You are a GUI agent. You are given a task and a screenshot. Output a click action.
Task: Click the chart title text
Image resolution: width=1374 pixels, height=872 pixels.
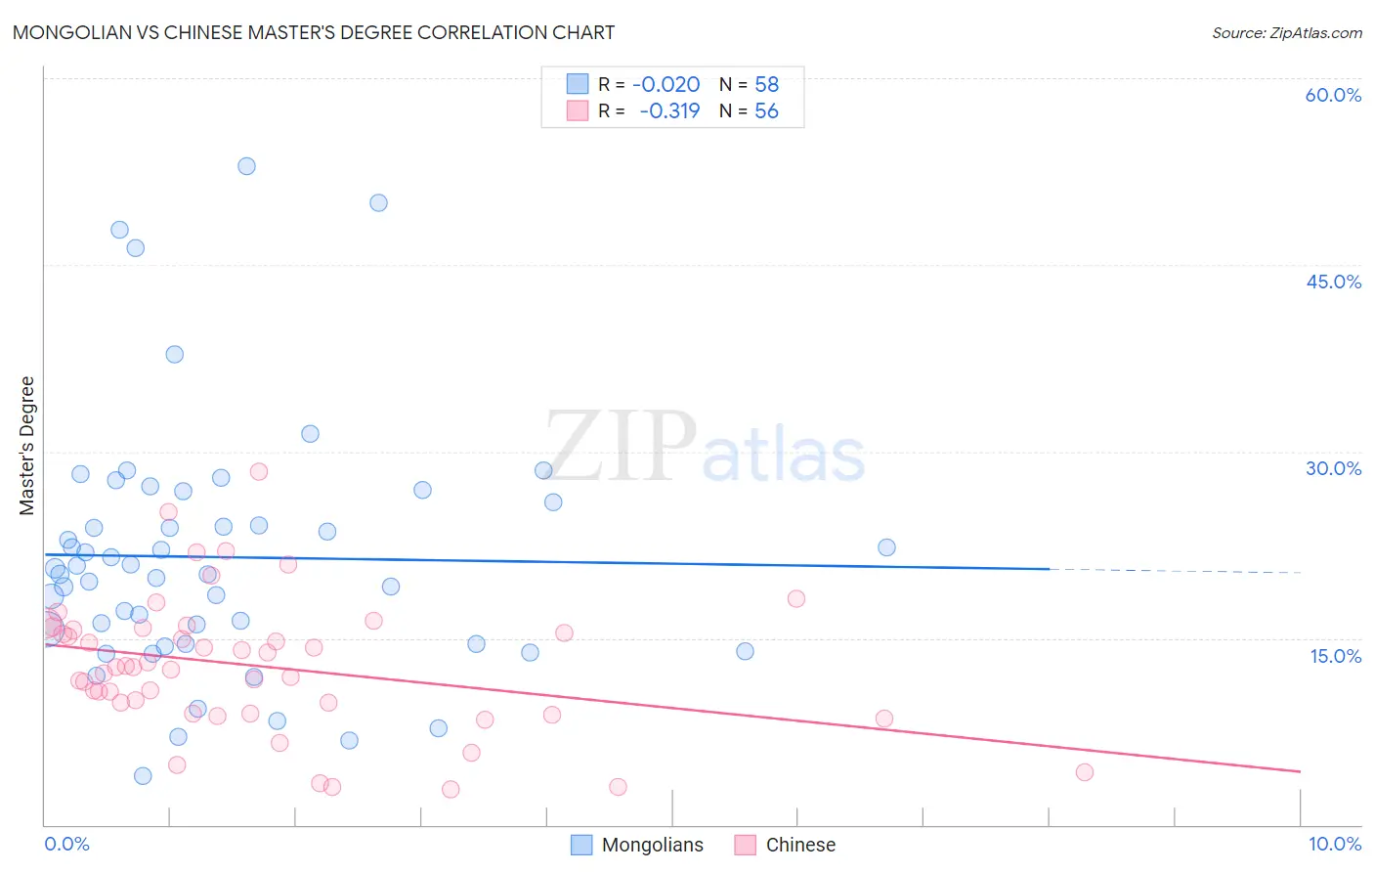point(314,32)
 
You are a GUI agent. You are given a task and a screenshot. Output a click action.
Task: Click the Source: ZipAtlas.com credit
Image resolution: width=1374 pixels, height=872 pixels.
point(1286,33)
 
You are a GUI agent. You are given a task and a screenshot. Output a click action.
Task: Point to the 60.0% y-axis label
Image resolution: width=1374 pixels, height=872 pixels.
point(1333,95)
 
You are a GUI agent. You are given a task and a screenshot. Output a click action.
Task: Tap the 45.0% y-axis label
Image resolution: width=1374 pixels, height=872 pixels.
point(1333,282)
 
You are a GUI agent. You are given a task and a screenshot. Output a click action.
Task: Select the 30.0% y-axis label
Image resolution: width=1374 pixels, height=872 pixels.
point(1333,468)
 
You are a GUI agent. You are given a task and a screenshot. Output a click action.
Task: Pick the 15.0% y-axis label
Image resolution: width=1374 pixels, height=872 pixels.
point(1335,655)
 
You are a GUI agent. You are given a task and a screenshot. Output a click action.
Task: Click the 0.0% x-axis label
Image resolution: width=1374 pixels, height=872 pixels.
point(66,844)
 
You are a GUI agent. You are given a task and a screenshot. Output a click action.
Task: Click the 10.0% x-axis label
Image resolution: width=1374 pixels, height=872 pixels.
point(1335,844)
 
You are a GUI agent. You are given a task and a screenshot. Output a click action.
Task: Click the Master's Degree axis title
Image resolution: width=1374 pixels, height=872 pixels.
point(27,446)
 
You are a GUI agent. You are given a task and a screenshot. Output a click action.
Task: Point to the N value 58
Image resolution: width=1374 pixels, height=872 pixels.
point(766,85)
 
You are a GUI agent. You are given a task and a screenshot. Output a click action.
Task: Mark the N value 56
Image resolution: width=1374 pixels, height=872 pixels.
point(766,111)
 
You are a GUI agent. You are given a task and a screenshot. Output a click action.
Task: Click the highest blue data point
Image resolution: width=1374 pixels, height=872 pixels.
point(246,166)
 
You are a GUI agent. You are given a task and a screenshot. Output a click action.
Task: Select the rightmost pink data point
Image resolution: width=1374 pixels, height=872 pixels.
point(1084,772)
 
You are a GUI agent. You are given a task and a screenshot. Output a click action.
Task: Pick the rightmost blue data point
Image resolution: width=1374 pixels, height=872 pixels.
point(886,547)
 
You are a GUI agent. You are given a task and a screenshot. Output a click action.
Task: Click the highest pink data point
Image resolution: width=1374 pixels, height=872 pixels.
point(259,471)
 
